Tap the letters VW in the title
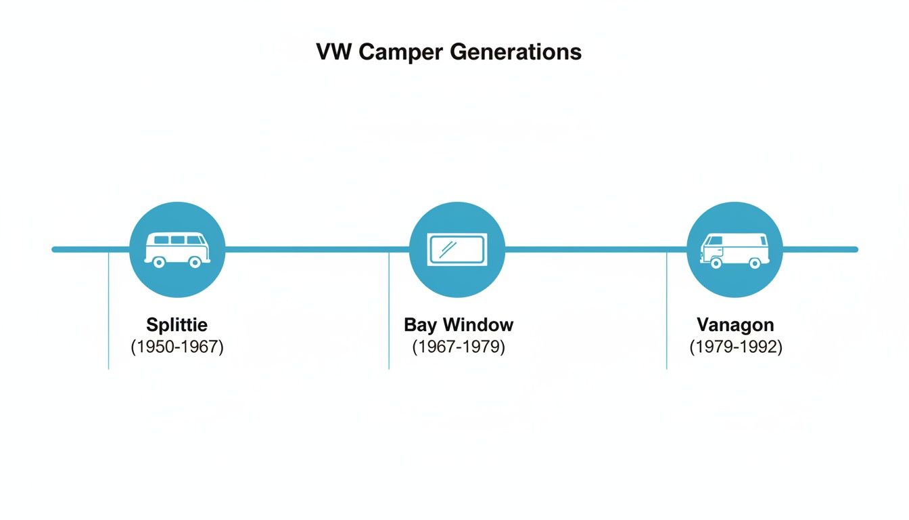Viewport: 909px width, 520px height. pyautogui.click(x=334, y=52)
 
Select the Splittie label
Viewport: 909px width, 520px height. pyautogui.click(x=177, y=325)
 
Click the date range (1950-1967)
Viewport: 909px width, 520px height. pyautogui.click(x=177, y=347)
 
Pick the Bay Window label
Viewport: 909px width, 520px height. pyautogui.click(x=459, y=325)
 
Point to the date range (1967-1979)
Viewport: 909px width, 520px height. pyautogui.click(x=459, y=347)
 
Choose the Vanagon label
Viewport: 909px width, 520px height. pyautogui.click(x=735, y=325)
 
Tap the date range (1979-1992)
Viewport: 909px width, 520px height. pyautogui.click(x=735, y=347)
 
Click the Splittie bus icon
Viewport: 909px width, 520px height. pyautogui.click(x=177, y=249)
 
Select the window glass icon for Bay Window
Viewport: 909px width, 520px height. pyautogui.click(x=457, y=248)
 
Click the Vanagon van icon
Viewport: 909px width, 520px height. pyautogui.click(x=735, y=249)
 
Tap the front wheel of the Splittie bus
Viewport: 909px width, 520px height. pyautogui.click(x=159, y=262)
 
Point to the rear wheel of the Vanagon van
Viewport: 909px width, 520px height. pyautogui.click(x=755, y=263)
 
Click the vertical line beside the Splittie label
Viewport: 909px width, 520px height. pyautogui.click(x=108, y=311)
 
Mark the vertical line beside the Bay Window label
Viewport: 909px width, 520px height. pyautogui.click(x=389, y=311)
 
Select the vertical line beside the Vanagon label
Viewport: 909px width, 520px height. pyautogui.click(x=667, y=311)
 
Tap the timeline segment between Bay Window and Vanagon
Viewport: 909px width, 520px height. pyautogui.click(x=595, y=249)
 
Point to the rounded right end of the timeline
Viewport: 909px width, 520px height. pyautogui.click(x=855, y=249)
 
